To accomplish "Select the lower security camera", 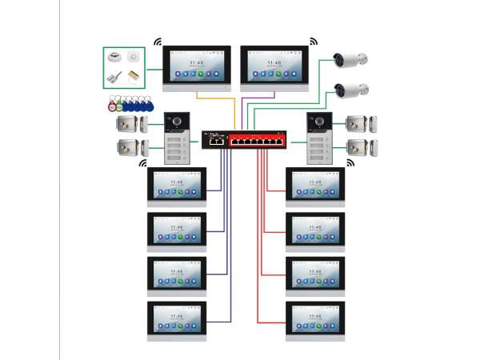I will point(351,89).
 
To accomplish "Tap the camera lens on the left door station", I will point(175,122).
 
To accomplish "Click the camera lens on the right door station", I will point(318,122).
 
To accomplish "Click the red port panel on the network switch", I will point(258,141).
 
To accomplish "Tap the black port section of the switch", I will point(214,141).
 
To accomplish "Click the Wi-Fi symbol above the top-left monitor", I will point(158,42).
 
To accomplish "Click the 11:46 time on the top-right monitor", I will point(274,61).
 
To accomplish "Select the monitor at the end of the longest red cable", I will point(316,319).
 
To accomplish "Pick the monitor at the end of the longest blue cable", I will point(177,319).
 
